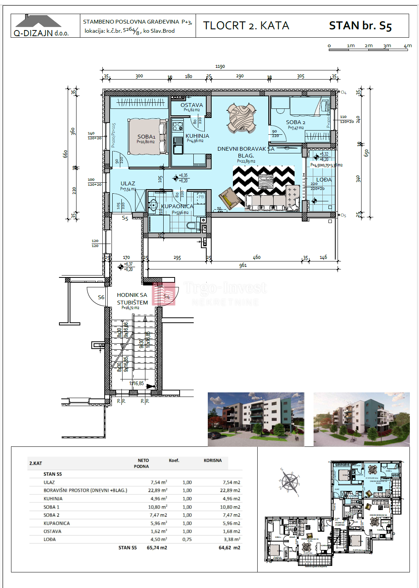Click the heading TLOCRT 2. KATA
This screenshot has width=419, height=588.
pyautogui.click(x=246, y=25)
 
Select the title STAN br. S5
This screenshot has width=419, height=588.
pyautogui.click(x=360, y=26)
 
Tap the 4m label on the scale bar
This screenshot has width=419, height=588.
pyautogui.click(x=408, y=46)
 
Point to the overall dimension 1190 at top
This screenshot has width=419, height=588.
pyautogui.click(x=220, y=67)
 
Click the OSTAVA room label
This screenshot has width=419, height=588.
pyautogui.click(x=191, y=105)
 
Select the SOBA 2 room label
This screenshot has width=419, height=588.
pyautogui.click(x=295, y=122)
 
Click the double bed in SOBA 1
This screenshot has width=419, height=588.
pyautogui.click(x=148, y=136)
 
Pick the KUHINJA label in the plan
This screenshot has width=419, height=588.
pyautogui.click(x=197, y=136)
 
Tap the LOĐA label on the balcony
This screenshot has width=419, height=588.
pyautogui.click(x=324, y=180)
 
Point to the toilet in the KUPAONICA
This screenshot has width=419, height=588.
pyautogui.click(x=192, y=226)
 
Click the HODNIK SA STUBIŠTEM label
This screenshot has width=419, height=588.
pyautogui.click(x=132, y=299)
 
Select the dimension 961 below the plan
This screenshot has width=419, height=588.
pyautogui.click(x=243, y=265)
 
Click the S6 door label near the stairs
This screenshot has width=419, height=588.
pyautogui.click(x=101, y=297)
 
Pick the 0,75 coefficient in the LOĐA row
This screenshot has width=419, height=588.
pyautogui.click(x=187, y=539)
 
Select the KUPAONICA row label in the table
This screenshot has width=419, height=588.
pyautogui.click(x=57, y=523)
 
